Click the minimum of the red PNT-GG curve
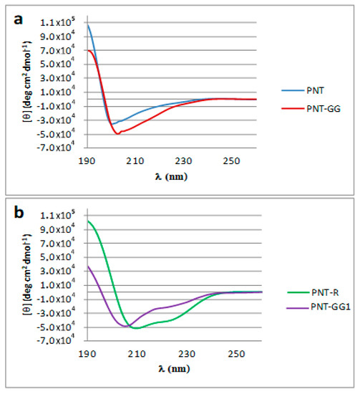coord(117,134)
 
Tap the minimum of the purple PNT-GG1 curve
coord(125,326)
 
